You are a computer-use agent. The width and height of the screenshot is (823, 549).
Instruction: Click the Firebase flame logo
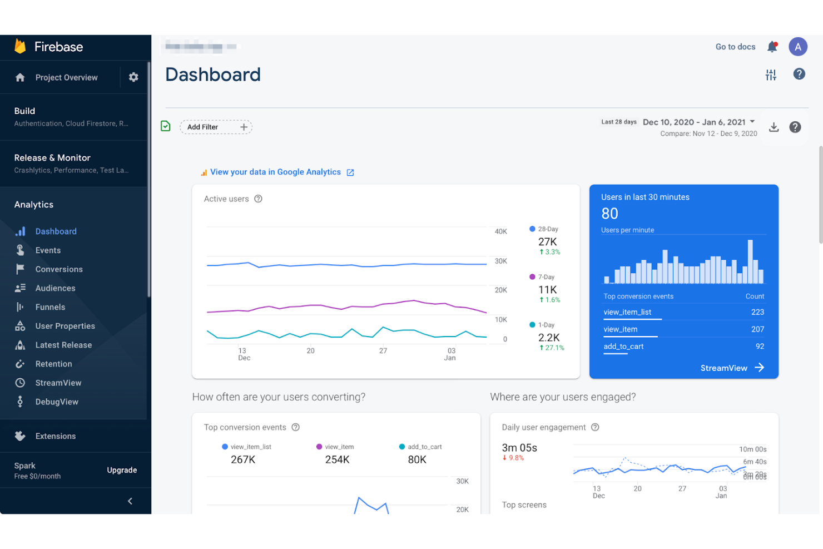[x=20, y=46]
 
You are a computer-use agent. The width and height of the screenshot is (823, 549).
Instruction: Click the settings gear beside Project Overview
[x=133, y=77]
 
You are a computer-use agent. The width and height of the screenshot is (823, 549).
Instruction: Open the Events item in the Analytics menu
[x=48, y=250]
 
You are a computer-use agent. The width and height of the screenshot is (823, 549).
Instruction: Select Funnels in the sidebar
[x=50, y=307]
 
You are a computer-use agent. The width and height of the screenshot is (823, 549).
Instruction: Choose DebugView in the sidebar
[x=57, y=402]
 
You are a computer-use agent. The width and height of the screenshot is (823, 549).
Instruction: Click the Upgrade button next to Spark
[x=122, y=470]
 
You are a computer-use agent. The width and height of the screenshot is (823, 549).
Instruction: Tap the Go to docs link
[x=735, y=47]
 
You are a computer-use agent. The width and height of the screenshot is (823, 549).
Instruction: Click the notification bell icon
[x=772, y=47]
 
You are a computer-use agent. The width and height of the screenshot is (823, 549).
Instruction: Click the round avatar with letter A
[x=797, y=47]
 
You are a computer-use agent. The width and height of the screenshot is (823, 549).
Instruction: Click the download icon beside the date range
[x=774, y=127]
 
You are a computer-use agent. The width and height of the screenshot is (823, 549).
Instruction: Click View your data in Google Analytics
[x=276, y=172]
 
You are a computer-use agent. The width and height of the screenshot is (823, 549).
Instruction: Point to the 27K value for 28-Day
[x=547, y=241]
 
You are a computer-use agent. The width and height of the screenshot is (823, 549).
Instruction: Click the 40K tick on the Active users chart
[x=500, y=231]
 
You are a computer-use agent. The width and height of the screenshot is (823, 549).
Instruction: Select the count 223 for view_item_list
[x=757, y=312]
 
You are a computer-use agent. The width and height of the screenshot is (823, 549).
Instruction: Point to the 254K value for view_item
[x=337, y=459]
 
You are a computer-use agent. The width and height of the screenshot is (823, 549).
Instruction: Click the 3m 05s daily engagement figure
[x=519, y=448]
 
